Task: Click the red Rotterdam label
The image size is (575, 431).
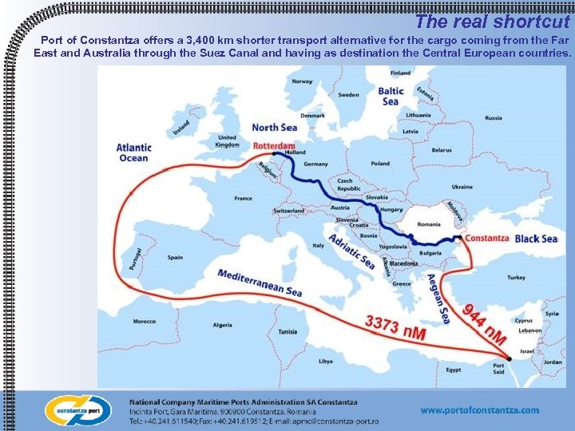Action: (274, 146)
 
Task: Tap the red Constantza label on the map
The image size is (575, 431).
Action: (486, 238)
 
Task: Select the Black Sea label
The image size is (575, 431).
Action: (537, 239)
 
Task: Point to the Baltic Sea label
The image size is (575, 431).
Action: (391, 97)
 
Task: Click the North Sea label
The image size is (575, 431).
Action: (274, 127)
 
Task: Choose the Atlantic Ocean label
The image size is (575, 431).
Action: (133, 152)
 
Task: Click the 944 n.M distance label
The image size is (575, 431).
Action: (486, 323)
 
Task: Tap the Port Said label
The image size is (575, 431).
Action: (499, 370)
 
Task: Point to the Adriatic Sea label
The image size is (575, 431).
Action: (351, 251)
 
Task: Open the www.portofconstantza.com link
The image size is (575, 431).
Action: (479, 410)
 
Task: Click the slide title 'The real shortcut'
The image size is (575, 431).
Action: (492, 22)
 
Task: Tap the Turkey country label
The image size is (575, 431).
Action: (516, 278)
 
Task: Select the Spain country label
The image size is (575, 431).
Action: (176, 258)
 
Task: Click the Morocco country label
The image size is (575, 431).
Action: (145, 322)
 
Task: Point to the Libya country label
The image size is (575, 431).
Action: (326, 361)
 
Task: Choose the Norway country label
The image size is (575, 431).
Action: (302, 81)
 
